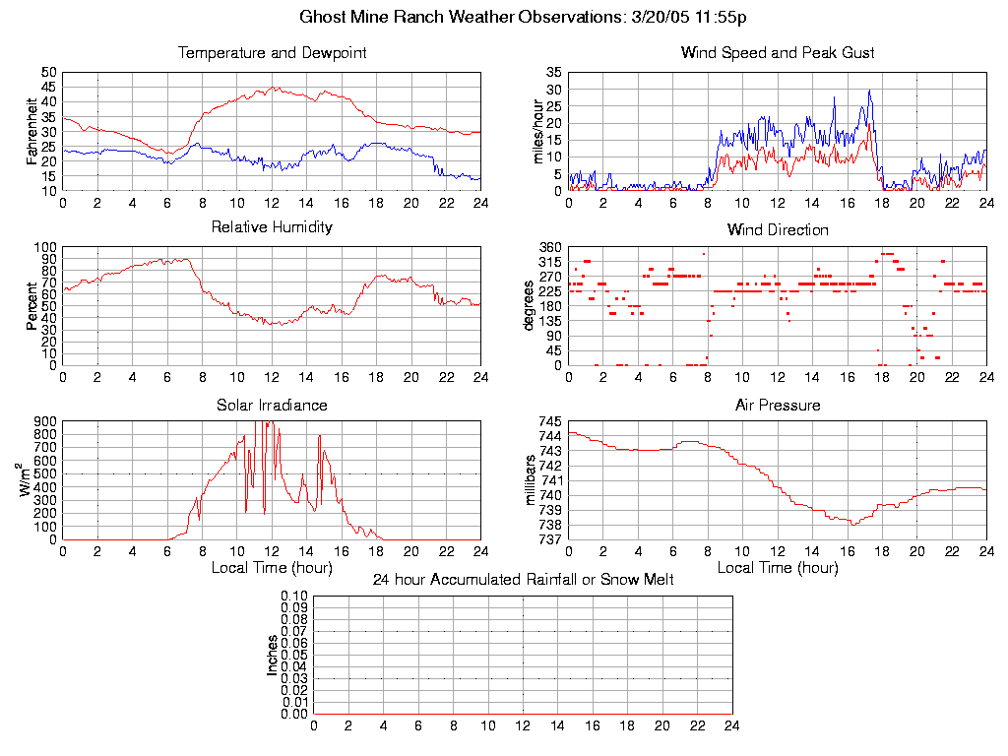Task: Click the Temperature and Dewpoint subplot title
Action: (272, 52)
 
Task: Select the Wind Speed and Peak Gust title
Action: (778, 52)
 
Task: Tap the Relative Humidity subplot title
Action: (272, 227)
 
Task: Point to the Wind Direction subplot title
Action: (778, 229)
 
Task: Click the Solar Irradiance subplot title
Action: (272, 405)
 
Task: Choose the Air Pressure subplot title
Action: (778, 405)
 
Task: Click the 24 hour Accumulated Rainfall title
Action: (523, 580)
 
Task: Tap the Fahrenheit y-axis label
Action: (32, 131)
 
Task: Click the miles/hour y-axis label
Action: (538, 131)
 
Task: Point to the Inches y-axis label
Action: (274, 655)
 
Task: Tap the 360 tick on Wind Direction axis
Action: (549, 247)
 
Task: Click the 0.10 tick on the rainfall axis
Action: (294, 597)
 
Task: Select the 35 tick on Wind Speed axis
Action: (553, 73)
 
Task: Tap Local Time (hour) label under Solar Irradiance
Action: (272, 567)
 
